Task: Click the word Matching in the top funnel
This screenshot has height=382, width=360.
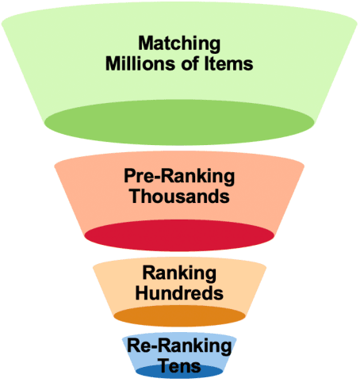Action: (180, 43)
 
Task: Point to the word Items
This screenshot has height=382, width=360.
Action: (227, 63)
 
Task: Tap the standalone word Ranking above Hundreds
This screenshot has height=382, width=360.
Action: (180, 273)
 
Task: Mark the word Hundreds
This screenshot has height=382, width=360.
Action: (180, 292)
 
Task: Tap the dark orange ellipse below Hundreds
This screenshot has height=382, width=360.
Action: (180, 316)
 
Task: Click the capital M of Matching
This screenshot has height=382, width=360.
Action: (145, 43)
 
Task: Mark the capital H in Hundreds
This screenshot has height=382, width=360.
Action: (144, 292)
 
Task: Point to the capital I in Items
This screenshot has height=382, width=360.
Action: (205, 63)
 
